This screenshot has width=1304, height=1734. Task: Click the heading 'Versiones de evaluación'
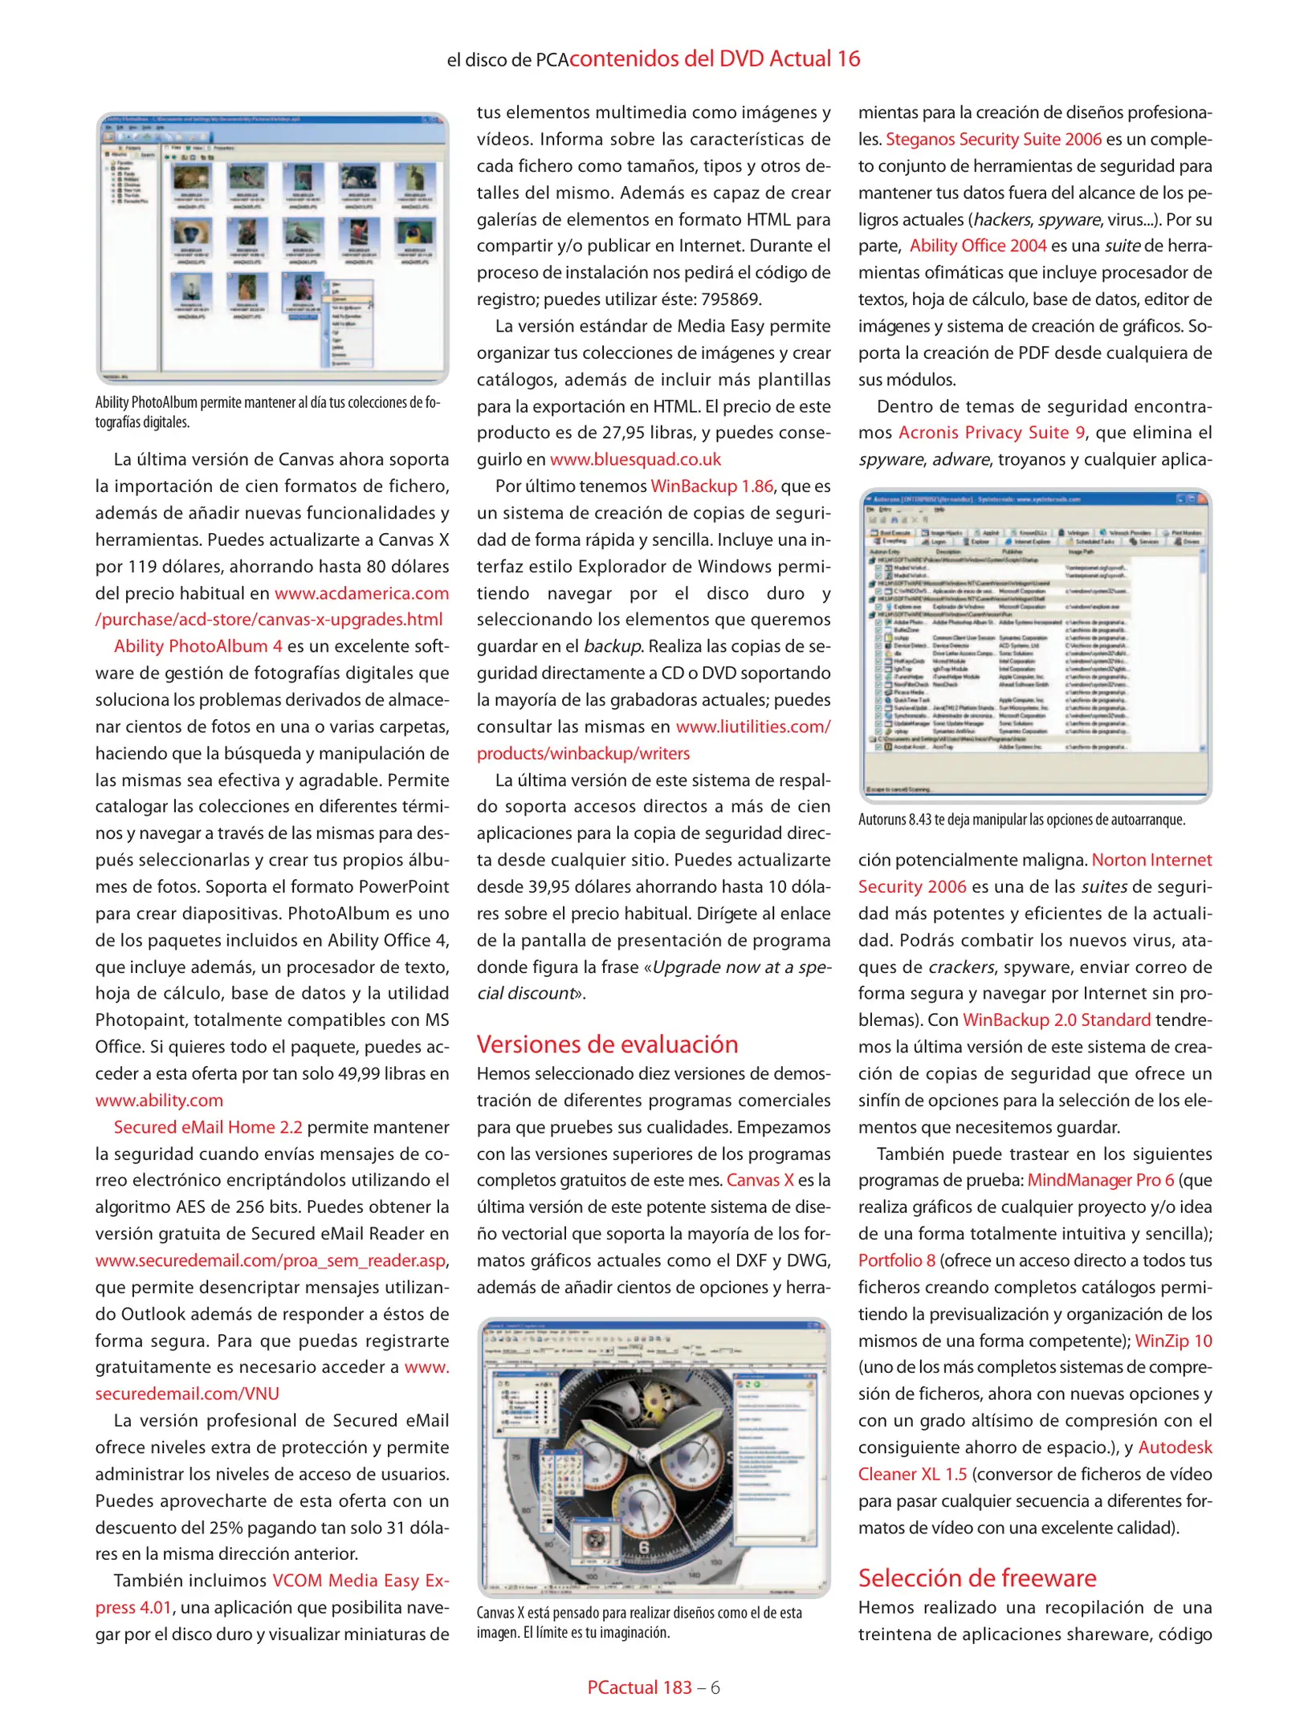pos(607,1044)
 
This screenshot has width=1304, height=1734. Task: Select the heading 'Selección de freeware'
pos(976,1577)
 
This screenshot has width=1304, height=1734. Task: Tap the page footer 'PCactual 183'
pos(639,1687)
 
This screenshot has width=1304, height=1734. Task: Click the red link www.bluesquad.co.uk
pos(635,459)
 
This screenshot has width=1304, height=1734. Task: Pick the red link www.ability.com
pos(159,1100)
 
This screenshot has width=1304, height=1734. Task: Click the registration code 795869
pos(730,299)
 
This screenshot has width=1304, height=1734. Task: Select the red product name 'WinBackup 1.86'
pos(711,486)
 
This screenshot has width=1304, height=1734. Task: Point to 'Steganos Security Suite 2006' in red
pos(993,139)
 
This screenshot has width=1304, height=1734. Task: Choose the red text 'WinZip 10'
pos(1173,1341)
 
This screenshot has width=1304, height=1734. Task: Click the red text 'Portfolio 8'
pos(896,1260)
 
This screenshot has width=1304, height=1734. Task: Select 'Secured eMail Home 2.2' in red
pos(208,1127)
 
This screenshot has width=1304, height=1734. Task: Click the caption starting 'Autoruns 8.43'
pos(1021,820)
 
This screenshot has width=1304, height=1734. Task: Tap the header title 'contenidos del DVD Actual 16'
pos(715,59)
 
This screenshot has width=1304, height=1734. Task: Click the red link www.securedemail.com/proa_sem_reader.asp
pos(271,1260)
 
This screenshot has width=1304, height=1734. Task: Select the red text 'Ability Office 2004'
pos(977,246)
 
